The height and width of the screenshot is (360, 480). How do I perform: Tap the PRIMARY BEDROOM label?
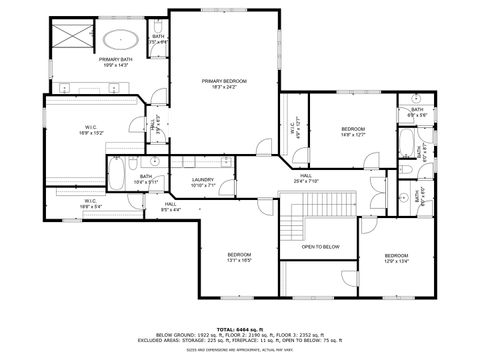point(225,83)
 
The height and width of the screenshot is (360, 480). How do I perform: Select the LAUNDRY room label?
point(203,182)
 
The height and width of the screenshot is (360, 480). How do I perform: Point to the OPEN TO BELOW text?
point(320,246)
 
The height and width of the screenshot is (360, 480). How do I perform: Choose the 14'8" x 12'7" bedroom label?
point(353,131)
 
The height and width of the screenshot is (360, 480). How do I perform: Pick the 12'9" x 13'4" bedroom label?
point(397,258)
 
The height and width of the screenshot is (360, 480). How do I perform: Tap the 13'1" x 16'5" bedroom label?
point(237,258)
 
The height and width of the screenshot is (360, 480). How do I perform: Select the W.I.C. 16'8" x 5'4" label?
point(89,204)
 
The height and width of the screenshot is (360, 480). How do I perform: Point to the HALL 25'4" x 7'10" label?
point(305,178)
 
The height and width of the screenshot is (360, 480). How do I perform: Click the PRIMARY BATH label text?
point(115,62)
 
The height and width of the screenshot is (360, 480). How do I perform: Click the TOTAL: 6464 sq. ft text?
point(239,329)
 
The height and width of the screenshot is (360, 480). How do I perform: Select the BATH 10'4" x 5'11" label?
point(146,180)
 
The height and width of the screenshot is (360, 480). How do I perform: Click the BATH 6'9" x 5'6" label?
point(417,112)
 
